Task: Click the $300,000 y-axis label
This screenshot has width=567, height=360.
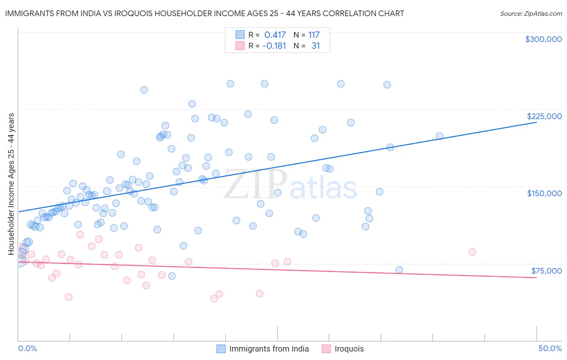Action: [x=543, y=39]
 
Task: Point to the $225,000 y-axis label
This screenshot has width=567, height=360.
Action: [x=544, y=116]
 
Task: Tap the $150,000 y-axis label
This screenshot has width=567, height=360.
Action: [x=544, y=193]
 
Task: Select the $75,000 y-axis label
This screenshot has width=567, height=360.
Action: [x=546, y=270]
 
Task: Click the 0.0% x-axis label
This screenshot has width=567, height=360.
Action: [x=27, y=348]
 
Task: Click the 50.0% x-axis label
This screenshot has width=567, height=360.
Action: [x=550, y=348]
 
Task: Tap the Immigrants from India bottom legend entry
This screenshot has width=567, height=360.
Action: [x=269, y=349]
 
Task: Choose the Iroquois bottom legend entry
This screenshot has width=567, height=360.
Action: [x=349, y=349]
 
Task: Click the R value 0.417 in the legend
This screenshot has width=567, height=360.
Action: [x=275, y=35]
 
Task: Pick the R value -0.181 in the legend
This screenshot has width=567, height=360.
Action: [x=274, y=46]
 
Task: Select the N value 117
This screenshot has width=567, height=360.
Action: [x=314, y=35]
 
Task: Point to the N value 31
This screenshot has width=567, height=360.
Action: [x=315, y=46]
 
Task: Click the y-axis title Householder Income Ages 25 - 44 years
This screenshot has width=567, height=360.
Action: [x=11, y=184]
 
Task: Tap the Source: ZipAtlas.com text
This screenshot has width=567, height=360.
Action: [x=531, y=14]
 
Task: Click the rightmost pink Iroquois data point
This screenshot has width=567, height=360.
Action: [x=472, y=251]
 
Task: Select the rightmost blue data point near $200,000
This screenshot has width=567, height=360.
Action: [x=440, y=136]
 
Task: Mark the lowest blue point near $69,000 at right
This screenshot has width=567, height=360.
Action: [x=399, y=270]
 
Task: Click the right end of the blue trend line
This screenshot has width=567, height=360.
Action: [x=536, y=122]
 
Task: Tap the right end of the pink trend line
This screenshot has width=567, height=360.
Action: [x=536, y=278]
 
